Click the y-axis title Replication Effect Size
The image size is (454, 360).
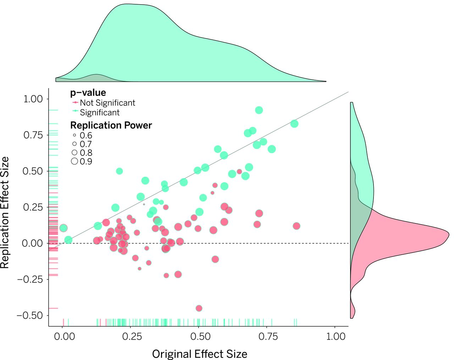(5, 212)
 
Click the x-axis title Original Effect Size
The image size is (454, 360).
(199, 354)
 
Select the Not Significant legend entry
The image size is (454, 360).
(107, 103)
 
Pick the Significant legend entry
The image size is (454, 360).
(99, 112)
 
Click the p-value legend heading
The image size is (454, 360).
(88, 93)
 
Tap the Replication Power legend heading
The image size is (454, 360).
(111, 125)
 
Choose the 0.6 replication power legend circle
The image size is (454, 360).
(74, 135)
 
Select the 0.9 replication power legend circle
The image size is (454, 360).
(74, 161)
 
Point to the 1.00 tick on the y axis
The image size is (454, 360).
(33, 99)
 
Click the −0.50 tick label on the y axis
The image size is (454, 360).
(30, 315)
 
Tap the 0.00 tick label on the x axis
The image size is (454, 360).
(64, 336)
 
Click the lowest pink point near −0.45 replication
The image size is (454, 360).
(199, 308)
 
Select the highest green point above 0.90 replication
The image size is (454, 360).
(259, 110)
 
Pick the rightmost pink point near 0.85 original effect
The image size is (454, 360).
(297, 226)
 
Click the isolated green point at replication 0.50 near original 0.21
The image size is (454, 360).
(120, 171)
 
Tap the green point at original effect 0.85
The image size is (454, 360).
(294, 124)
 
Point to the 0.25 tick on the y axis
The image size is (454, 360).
(33, 207)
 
